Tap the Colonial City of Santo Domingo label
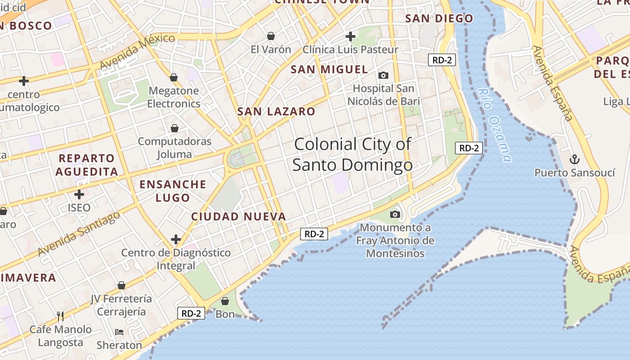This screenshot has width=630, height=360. (352, 154)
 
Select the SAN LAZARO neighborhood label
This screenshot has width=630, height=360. (276, 112)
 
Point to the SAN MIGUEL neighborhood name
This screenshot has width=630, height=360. (329, 69)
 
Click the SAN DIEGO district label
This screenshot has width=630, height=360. (439, 18)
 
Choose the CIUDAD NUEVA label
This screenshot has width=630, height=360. (238, 216)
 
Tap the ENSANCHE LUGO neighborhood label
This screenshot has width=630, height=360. (173, 191)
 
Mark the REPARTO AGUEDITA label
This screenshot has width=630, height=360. (87, 165)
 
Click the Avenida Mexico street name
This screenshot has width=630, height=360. (137, 50)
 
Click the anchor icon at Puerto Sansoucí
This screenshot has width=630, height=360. (574, 159)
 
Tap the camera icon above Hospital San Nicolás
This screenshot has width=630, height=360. (383, 75)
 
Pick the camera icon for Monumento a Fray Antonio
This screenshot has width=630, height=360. (395, 214)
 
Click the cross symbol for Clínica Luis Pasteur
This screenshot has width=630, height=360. (351, 36)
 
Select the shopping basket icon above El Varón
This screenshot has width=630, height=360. (271, 36)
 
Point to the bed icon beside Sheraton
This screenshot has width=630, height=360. (119, 332)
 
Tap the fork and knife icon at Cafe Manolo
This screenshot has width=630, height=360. (60, 316)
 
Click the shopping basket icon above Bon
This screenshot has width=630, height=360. (225, 301)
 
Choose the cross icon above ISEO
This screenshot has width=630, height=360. (79, 194)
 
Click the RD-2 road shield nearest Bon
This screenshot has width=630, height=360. (191, 313)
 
